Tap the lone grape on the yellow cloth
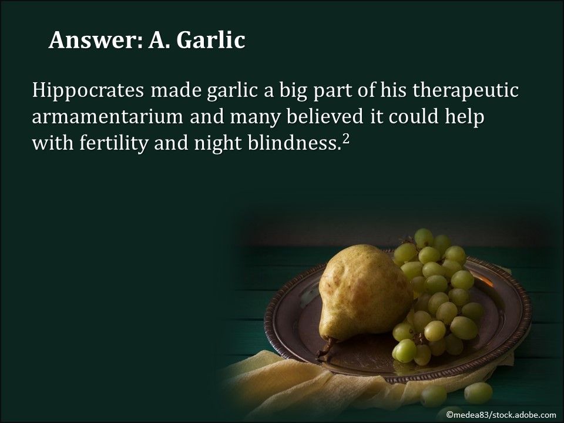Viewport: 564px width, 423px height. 478,392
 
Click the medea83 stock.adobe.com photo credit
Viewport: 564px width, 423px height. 501,415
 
